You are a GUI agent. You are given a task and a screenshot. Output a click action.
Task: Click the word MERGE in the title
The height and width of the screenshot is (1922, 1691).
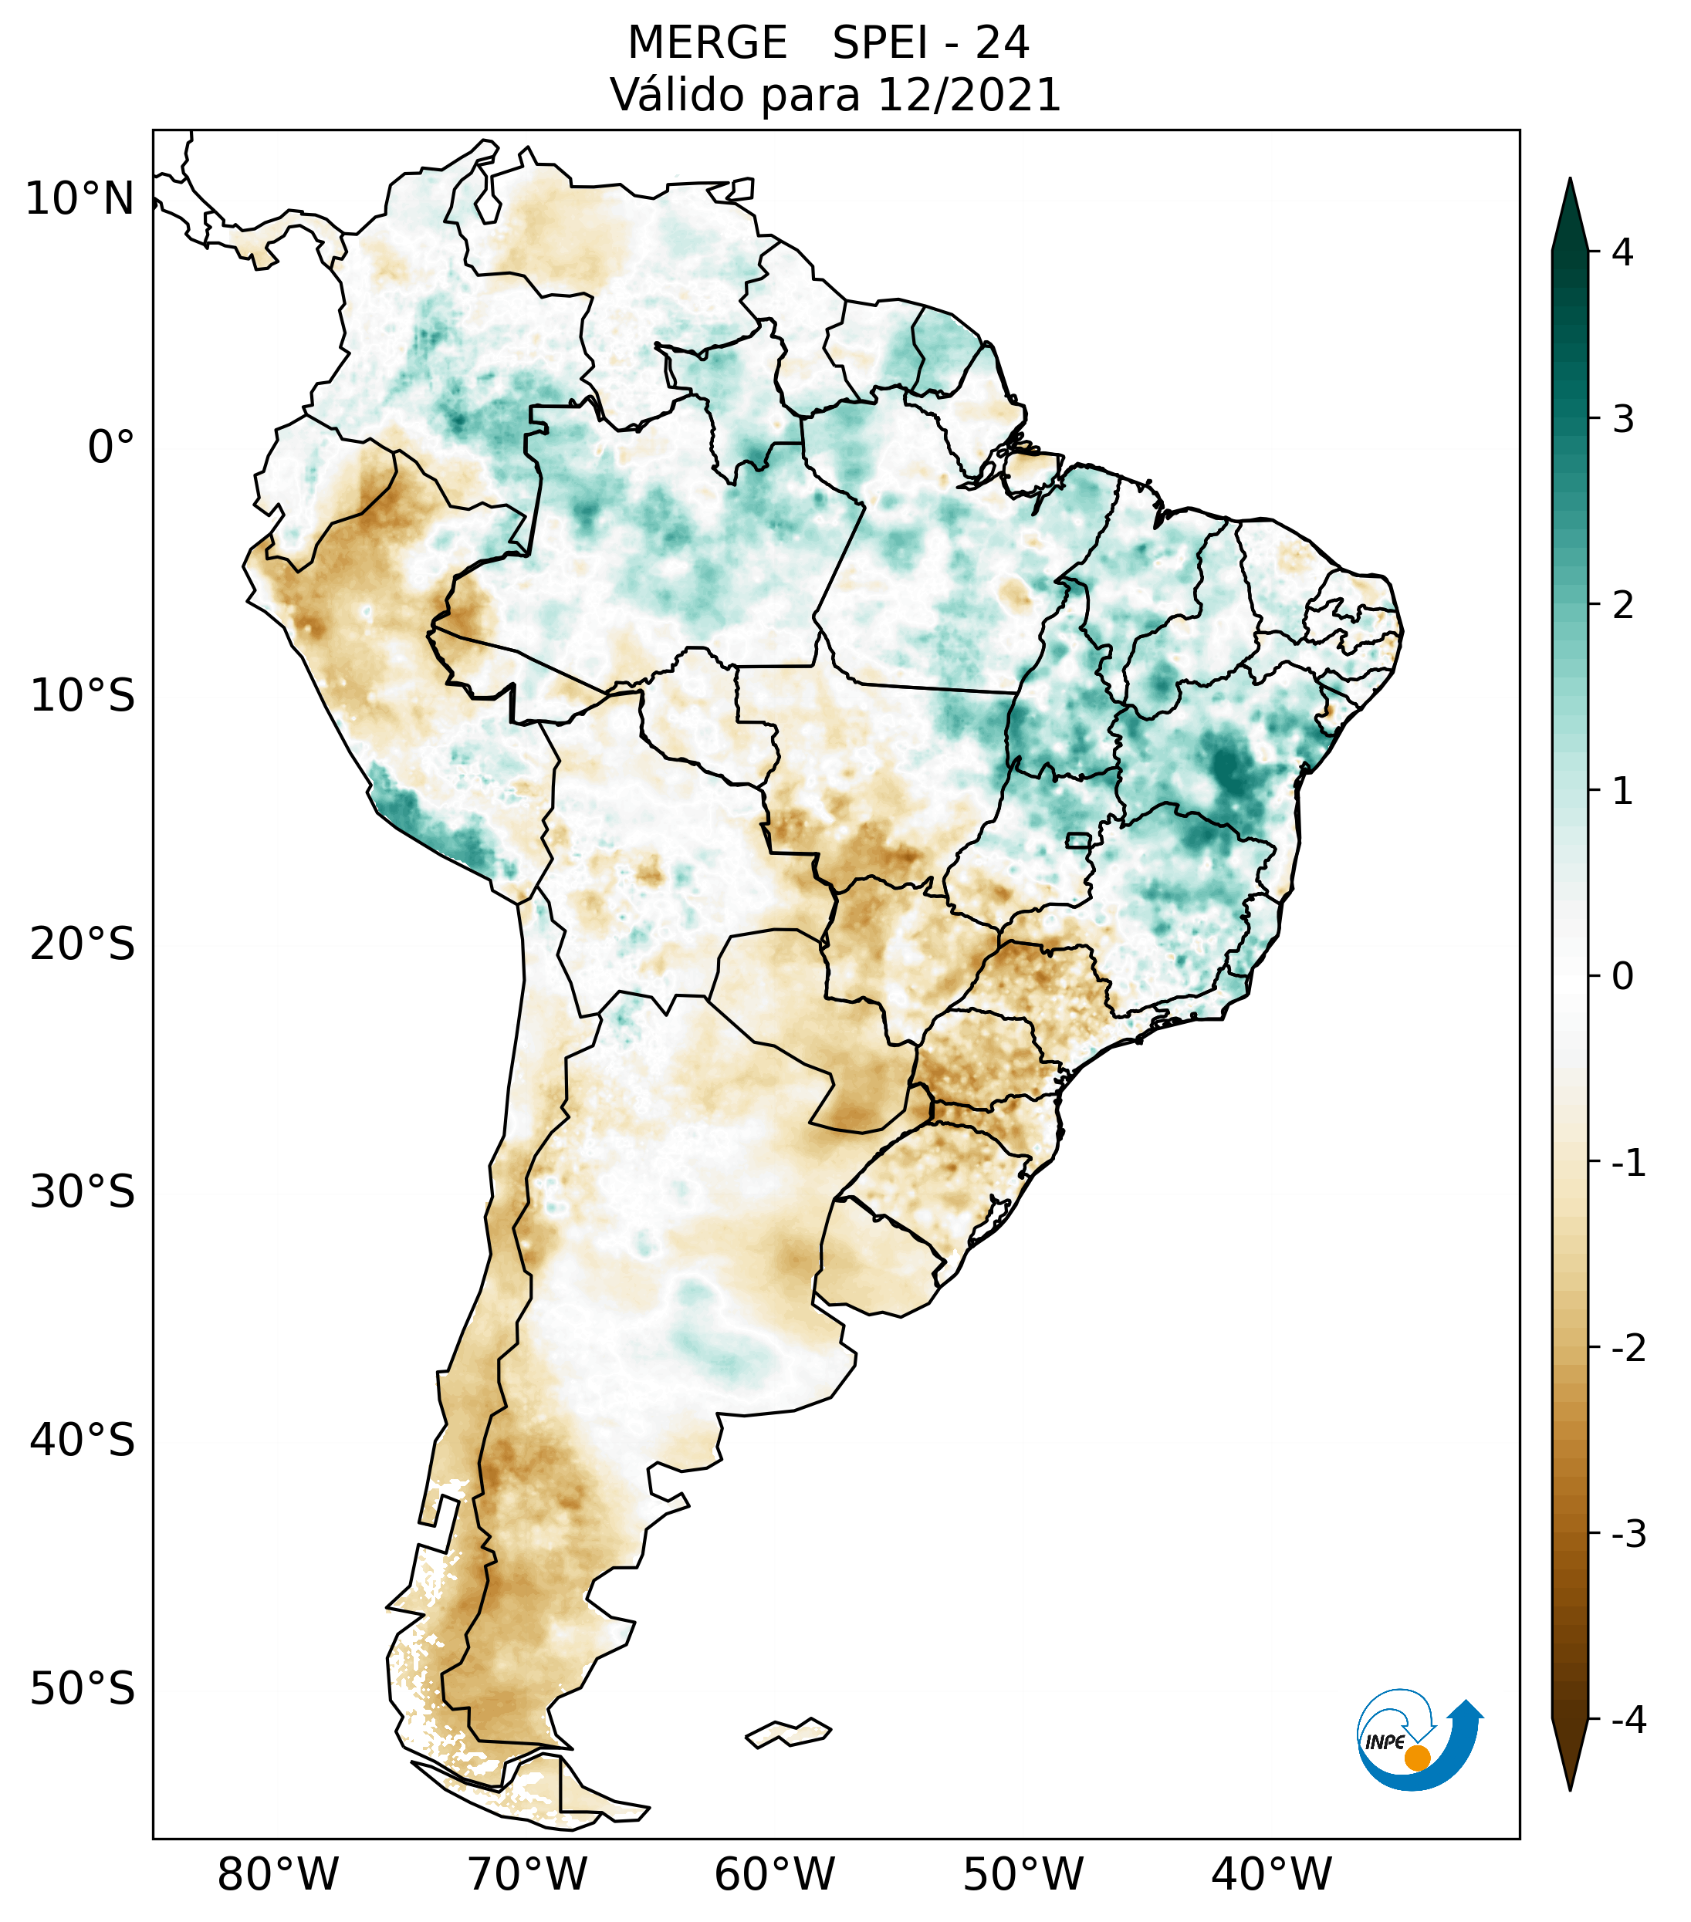pyautogui.click(x=707, y=43)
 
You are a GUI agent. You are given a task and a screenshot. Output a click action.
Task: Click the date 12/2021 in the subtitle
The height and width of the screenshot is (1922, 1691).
pyautogui.click(x=968, y=95)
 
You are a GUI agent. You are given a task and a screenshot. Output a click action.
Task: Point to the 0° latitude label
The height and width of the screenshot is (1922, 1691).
pyautogui.click(x=111, y=448)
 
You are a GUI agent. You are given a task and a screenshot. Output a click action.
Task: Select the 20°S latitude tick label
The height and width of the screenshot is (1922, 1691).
pyautogui.click(x=83, y=944)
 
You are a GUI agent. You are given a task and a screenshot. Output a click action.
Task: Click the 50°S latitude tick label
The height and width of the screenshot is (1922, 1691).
pyautogui.click(x=83, y=1690)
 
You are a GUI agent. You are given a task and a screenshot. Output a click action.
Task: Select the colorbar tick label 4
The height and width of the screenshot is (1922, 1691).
pyautogui.click(x=1622, y=252)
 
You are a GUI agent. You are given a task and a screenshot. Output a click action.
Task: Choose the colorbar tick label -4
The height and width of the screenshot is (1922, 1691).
pyautogui.click(x=1628, y=1720)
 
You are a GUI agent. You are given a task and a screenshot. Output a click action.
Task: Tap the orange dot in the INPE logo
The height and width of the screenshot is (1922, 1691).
pyautogui.click(x=1416, y=1758)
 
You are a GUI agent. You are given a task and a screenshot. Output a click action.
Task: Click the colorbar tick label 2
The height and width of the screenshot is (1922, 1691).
pyautogui.click(x=1622, y=606)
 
